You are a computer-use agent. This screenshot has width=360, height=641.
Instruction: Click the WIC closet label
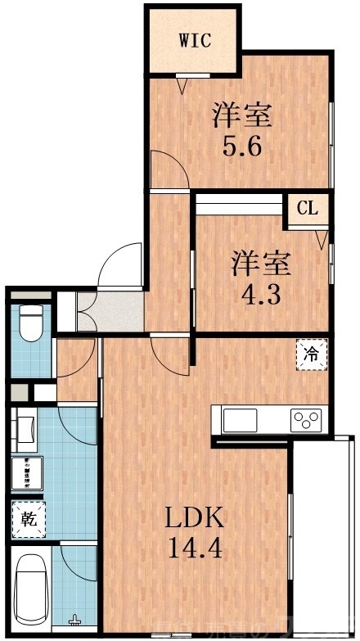click(195, 39)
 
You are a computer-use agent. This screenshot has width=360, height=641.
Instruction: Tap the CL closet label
click(307, 208)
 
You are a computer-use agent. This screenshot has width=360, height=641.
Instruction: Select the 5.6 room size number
click(241, 147)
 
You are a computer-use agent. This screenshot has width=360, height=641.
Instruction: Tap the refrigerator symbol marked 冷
click(310, 355)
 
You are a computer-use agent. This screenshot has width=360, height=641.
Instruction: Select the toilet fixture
click(31, 322)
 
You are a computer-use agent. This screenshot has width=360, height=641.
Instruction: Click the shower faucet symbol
click(76, 621)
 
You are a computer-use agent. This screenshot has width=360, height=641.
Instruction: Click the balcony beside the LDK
click(322, 532)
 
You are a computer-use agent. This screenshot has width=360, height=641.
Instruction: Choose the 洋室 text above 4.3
click(261, 264)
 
